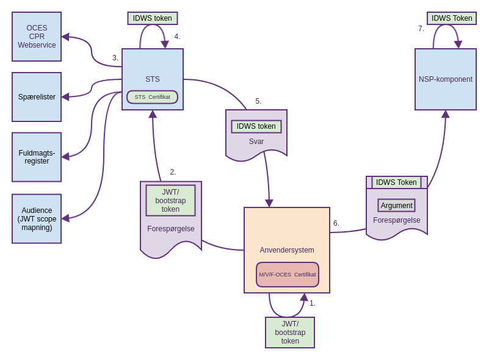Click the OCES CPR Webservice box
(37, 37)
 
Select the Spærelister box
(37, 97)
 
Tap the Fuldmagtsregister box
(37, 157)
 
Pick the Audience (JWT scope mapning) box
(37, 218)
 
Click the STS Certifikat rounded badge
(153, 97)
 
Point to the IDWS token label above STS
(153, 18)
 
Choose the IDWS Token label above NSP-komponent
(452, 18)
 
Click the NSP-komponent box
(446, 79)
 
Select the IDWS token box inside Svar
(256, 126)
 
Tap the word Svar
(256, 142)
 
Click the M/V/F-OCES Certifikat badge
(288, 275)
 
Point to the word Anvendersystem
(287, 250)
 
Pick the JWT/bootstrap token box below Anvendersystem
(290, 333)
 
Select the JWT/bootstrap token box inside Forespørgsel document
(171, 200)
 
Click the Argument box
(397, 206)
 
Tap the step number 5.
(258, 101)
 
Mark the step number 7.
(421, 29)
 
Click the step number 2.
(173, 172)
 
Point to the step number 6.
(336, 223)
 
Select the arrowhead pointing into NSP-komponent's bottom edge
(446, 114)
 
